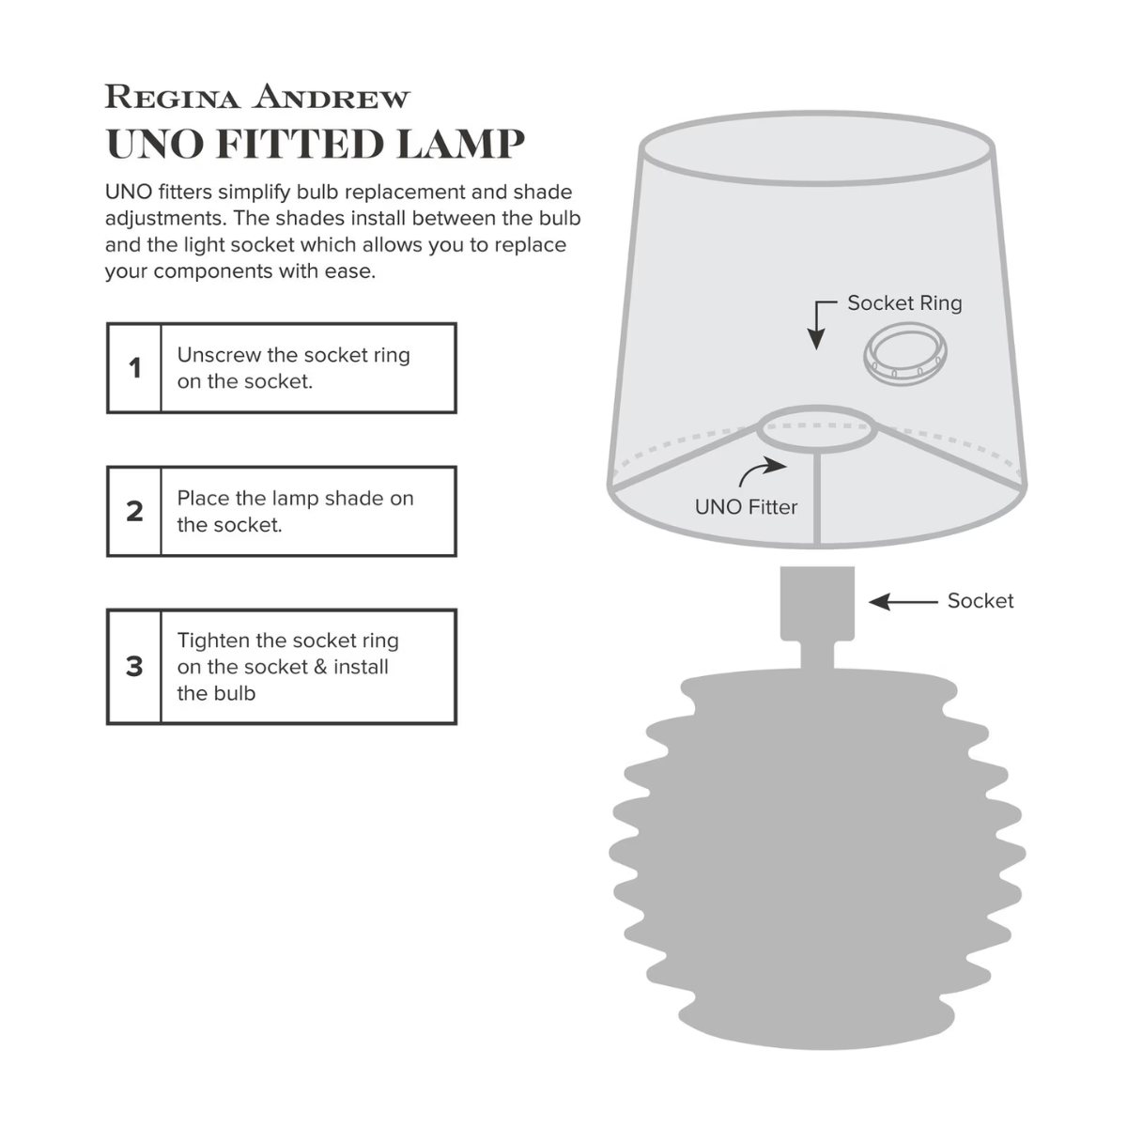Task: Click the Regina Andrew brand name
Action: tap(257, 97)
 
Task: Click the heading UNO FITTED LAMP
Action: tap(315, 144)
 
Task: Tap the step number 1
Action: tap(134, 368)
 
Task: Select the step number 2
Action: tap(134, 511)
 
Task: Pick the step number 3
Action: tap(134, 666)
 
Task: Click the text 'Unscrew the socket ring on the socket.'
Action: tap(293, 368)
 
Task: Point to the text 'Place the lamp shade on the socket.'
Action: tap(295, 511)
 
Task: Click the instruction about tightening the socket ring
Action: tap(287, 666)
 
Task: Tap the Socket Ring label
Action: tap(904, 303)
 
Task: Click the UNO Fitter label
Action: tap(746, 507)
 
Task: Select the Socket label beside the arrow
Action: tap(980, 601)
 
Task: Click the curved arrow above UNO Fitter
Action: tap(762, 469)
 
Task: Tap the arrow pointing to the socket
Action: tap(903, 601)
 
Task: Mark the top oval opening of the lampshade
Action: tap(817, 150)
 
